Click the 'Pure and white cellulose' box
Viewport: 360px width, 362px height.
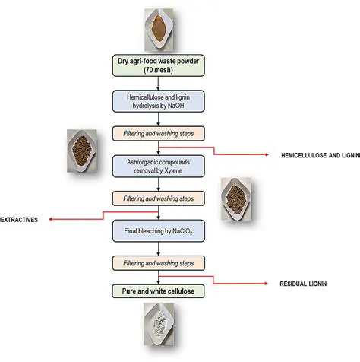[x=157, y=291]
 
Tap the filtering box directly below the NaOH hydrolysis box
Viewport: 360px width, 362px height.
[x=157, y=132]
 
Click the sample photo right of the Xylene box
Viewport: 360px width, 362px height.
[x=241, y=200]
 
